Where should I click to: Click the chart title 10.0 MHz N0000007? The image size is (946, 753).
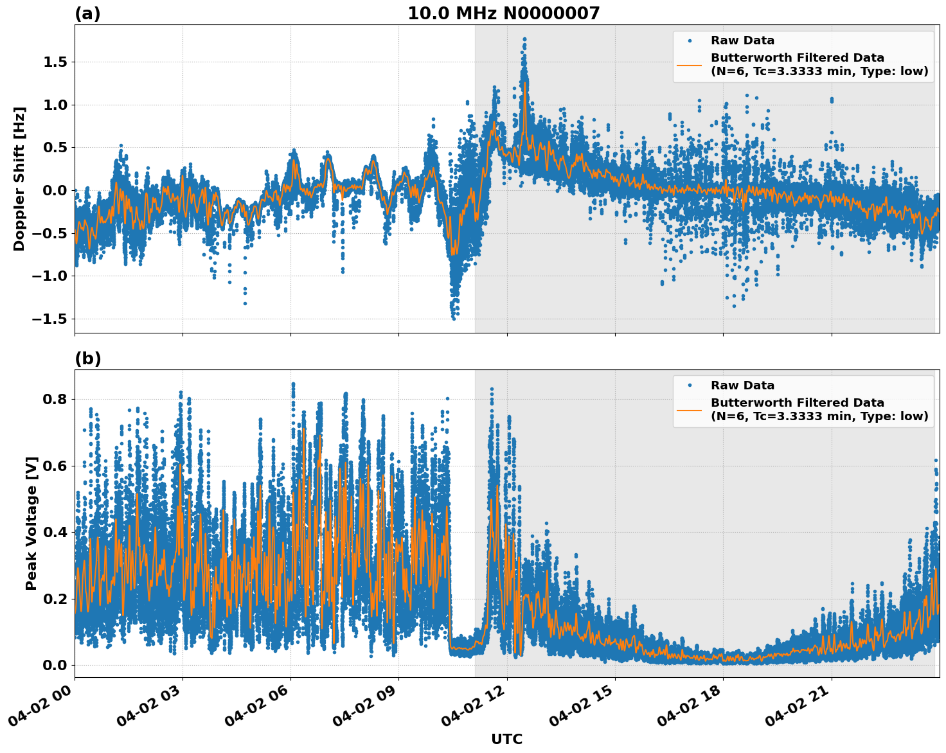click(503, 13)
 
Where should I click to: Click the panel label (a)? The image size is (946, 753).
click(87, 13)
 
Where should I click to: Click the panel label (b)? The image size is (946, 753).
click(87, 359)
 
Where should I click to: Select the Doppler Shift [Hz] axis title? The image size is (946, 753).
click(19, 179)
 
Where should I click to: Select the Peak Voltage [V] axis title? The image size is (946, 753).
click(31, 523)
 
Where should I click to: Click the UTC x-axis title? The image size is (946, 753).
click(506, 739)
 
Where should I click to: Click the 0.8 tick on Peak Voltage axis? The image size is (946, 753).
click(56, 399)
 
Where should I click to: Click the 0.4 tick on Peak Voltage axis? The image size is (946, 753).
click(56, 532)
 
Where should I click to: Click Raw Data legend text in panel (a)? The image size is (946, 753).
click(742, 40)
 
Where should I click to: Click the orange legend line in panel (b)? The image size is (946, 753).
click(689, 410)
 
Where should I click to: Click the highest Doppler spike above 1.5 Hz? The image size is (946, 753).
click(524, 39)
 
